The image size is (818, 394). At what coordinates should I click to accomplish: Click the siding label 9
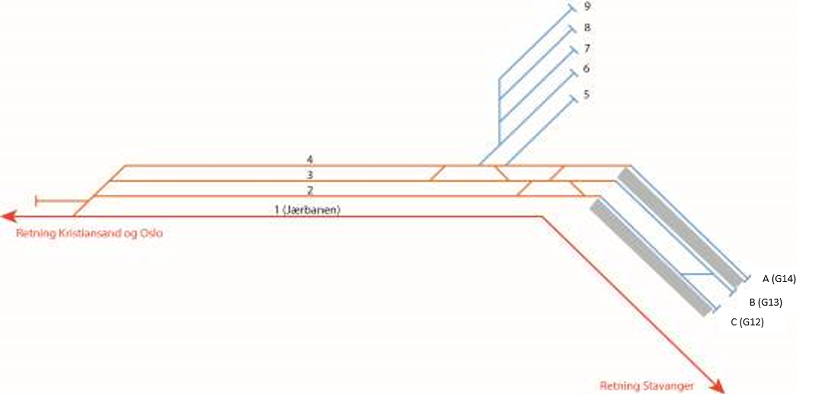[587, 6]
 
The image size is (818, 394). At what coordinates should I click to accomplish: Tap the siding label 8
[587, 28]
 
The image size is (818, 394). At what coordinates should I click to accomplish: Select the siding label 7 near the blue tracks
[587, 48]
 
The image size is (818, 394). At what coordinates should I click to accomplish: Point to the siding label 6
[586, 68]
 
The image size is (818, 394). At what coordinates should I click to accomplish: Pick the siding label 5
[586, 94]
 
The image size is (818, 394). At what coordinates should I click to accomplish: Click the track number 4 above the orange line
[310, 159]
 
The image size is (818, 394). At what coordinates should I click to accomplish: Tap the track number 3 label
[310, 175]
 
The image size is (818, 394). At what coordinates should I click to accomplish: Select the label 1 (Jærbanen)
[307, 210]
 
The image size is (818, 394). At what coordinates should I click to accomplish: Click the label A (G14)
[779, 279]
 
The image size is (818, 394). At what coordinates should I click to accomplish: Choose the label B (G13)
[765, 303]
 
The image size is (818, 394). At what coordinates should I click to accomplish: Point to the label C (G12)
[747, 322]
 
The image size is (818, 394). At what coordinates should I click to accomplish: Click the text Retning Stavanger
[646, 386]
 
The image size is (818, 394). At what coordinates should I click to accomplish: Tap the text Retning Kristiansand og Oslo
[89, 234]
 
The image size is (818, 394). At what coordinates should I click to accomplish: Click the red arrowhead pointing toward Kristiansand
[9, 216]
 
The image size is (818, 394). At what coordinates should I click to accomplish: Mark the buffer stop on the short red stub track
[36, 201]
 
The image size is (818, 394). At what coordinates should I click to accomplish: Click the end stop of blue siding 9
[573, 7]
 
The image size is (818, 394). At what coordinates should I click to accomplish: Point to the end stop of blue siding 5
[574, 99]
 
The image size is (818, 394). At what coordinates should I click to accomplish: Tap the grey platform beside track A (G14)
[681, 227]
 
